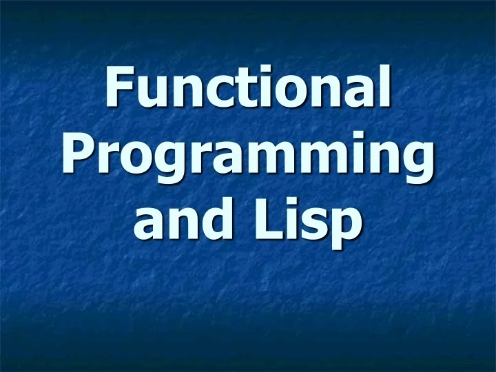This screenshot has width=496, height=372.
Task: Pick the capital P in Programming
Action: click(x=77, y=156)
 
